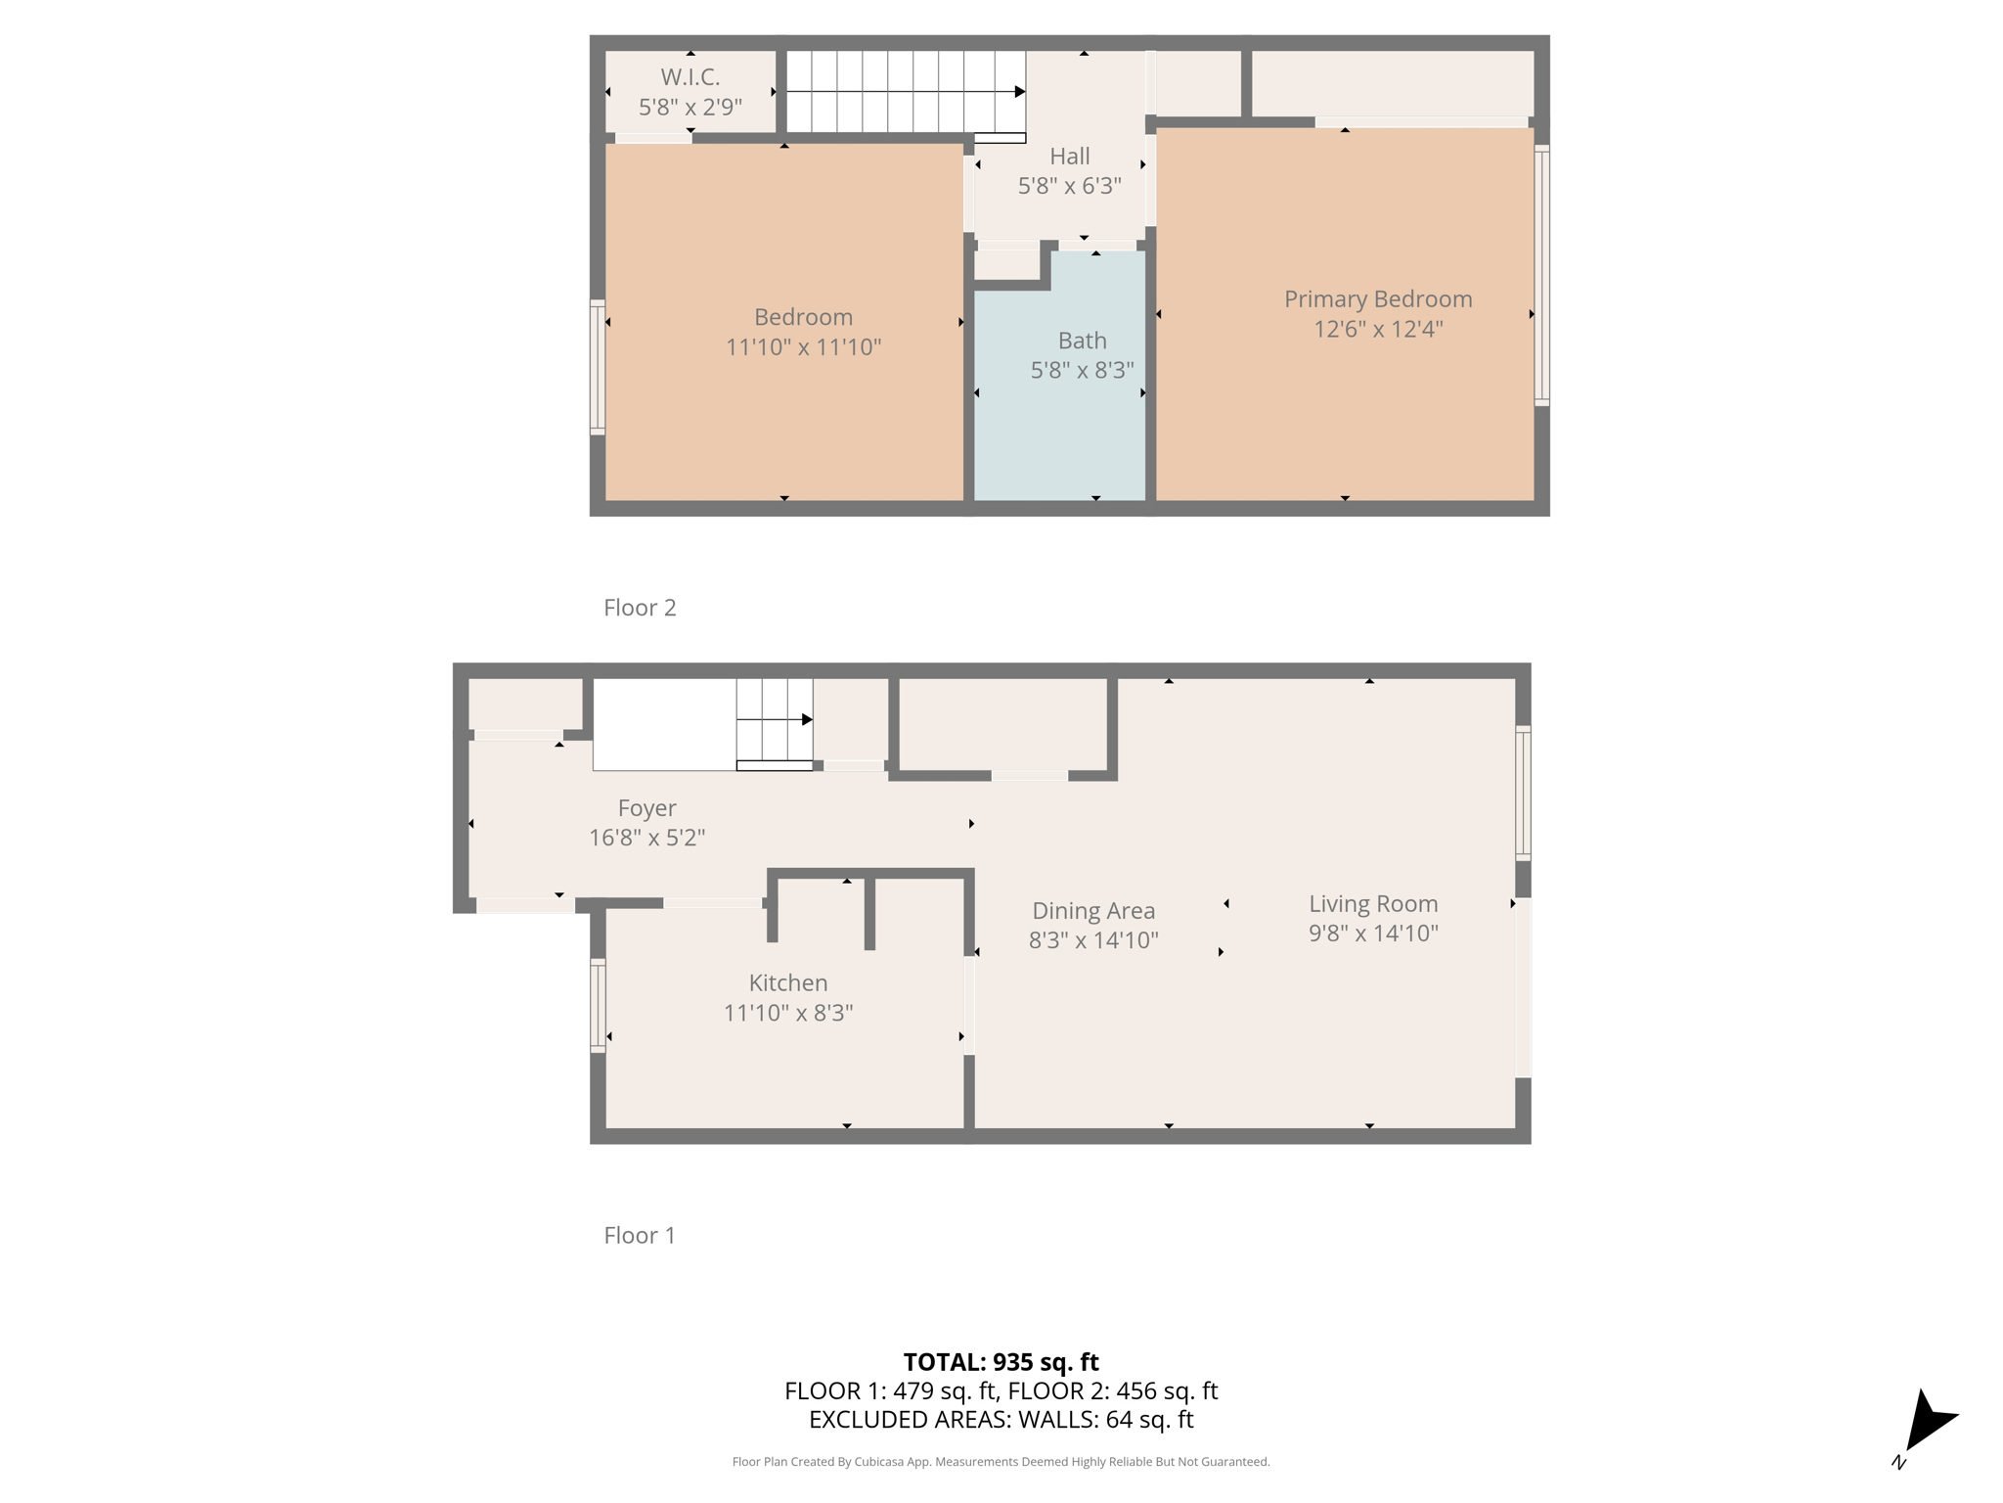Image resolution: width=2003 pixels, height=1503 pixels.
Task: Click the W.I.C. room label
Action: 690,76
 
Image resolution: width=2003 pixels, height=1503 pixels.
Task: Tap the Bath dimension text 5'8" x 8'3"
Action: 1082,370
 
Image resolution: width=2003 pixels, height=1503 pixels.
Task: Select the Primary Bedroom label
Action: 1377,298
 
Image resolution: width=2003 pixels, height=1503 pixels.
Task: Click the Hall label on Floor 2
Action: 1069,156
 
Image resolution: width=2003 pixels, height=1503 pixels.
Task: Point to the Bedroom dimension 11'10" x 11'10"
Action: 803,346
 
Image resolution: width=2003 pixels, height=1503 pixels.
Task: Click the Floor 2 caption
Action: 640,608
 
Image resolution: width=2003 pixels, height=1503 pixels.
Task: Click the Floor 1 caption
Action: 640,1235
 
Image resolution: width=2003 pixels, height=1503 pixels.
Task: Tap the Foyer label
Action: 646,807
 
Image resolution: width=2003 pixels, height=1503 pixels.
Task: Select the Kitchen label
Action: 787,982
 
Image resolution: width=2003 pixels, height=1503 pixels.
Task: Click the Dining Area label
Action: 1092,910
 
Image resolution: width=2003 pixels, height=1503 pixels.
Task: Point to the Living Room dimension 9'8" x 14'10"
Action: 1373,933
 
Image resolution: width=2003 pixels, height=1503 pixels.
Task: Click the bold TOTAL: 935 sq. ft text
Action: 1001,1361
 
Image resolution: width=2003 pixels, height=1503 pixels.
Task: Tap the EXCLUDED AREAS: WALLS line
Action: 1001,1419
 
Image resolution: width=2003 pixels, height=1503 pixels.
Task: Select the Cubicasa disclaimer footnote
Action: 1001,1462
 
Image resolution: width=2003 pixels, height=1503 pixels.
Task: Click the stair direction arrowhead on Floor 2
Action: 1019,92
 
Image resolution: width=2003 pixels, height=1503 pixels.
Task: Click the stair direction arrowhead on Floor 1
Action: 807,719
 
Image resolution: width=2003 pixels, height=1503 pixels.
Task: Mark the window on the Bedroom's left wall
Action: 597,367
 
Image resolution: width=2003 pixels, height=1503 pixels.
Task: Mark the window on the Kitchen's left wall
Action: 598,1005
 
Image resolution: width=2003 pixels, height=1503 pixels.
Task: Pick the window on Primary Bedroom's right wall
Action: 1541,275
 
